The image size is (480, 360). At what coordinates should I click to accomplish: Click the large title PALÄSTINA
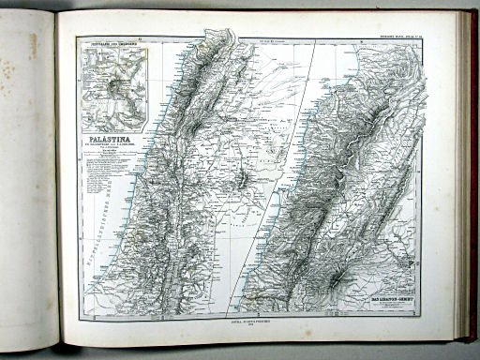pyautogui.click(x=104, y=138)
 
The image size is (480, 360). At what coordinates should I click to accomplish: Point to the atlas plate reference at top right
pyautogui.click(x=406, y=38)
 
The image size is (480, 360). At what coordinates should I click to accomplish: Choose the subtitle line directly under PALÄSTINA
pyautogui.click(x=104, y=145)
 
